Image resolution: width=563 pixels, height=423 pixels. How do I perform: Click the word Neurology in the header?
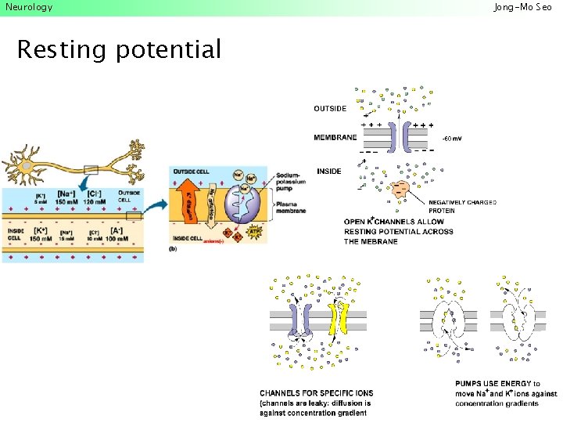click(29, 7)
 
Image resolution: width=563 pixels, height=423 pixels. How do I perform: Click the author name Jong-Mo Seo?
click(523, 7)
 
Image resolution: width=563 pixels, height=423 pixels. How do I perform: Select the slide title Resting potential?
click(119, 50)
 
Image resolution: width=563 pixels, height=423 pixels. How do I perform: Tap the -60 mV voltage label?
click(452, 139)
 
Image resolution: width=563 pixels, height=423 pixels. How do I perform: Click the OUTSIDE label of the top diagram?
click(330, 108)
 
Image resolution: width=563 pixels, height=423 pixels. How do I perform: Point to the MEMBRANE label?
click(335, 138)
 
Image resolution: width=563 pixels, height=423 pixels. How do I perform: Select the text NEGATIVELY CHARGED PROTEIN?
click(462, 207)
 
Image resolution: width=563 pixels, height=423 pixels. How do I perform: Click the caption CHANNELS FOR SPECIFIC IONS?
click(317, 393)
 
